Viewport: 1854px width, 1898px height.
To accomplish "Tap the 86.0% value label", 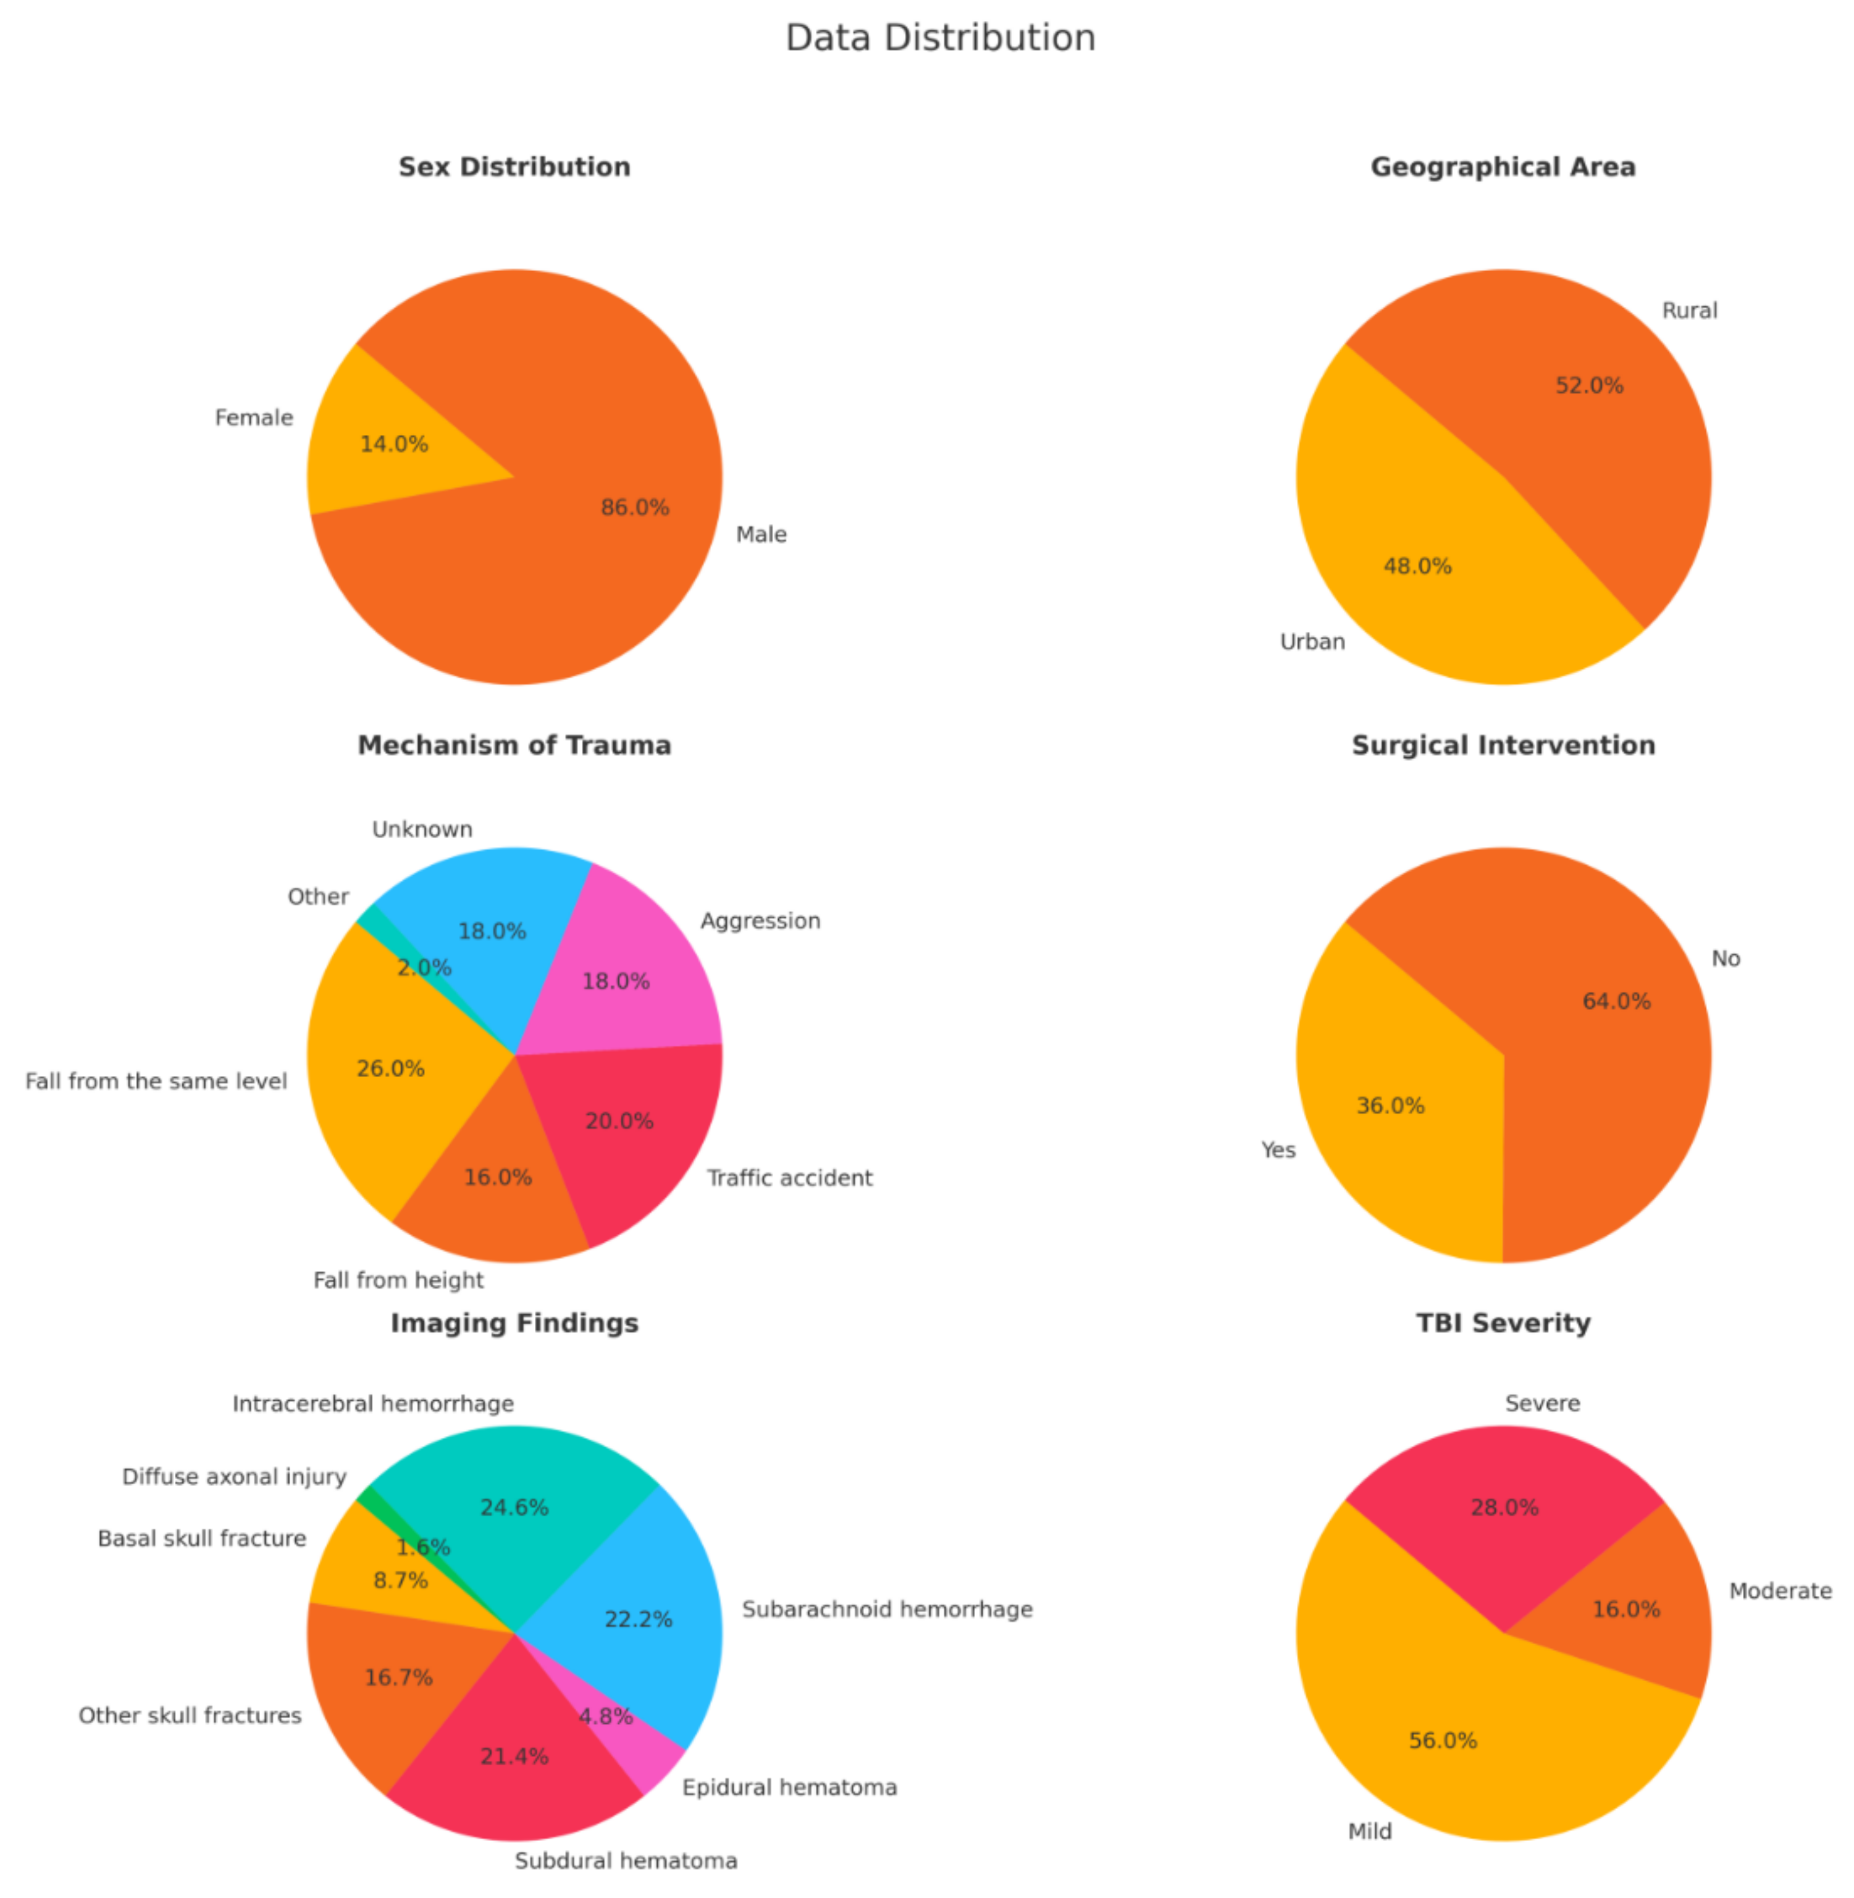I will [635, 507].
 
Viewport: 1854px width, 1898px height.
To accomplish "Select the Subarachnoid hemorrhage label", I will [886, 1609].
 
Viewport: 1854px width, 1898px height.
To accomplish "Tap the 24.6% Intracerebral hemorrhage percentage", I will [514, 1508].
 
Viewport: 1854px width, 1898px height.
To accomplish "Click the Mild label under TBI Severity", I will [1369, 1831].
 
